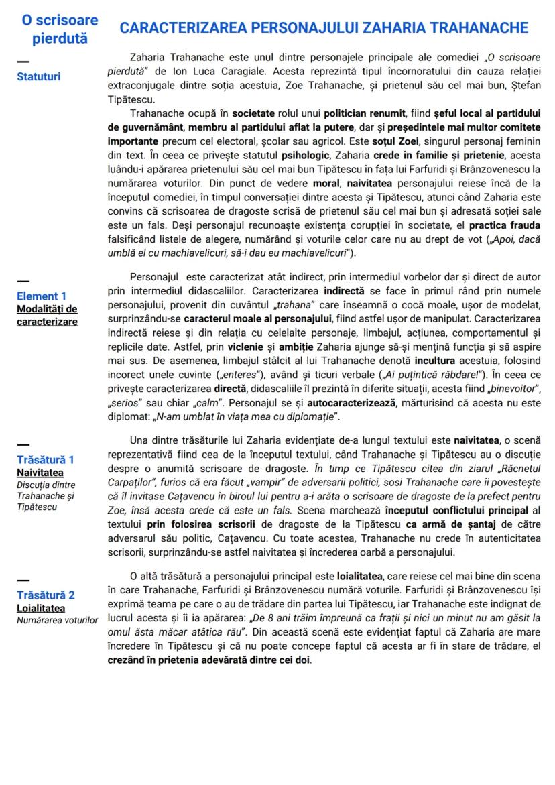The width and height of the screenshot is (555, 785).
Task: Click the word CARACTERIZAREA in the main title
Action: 182,28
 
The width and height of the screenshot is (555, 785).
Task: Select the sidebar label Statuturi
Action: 38,76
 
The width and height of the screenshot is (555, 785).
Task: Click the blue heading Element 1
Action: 42,296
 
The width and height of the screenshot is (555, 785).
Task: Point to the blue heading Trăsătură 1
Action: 46,460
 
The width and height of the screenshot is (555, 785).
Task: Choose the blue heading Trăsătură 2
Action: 46,595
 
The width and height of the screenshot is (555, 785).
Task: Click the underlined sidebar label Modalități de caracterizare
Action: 47,315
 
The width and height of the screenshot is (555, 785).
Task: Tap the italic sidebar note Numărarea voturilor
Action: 58,620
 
